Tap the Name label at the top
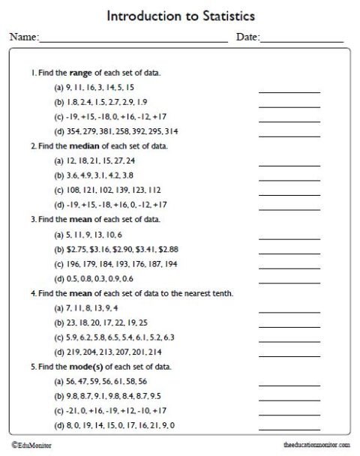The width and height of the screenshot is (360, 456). (x=22, y=37)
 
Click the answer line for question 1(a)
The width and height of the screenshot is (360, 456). (x=289, y=91)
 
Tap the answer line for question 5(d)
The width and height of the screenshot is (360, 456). (x=289, y=429)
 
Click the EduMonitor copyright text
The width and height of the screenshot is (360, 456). (x=30, y=445)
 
